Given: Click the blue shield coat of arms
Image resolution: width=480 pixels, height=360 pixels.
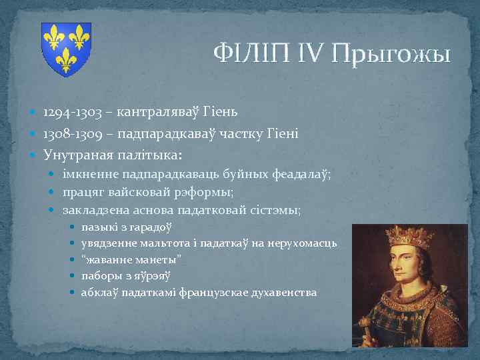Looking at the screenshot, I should point(66,49).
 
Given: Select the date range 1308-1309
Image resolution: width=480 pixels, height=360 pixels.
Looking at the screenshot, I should point(74,134).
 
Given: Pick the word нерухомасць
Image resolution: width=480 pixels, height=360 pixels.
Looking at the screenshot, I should point(303,244).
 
